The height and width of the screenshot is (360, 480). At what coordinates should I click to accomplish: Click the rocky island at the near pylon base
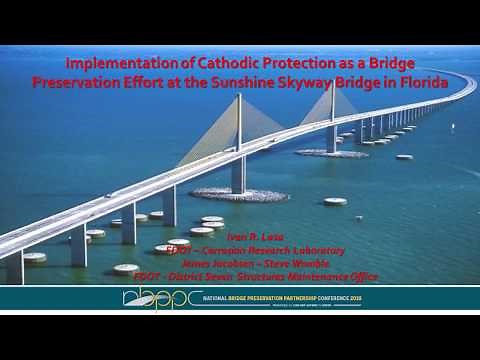pos(238,194)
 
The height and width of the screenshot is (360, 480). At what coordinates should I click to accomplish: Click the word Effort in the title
pos(185,84)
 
